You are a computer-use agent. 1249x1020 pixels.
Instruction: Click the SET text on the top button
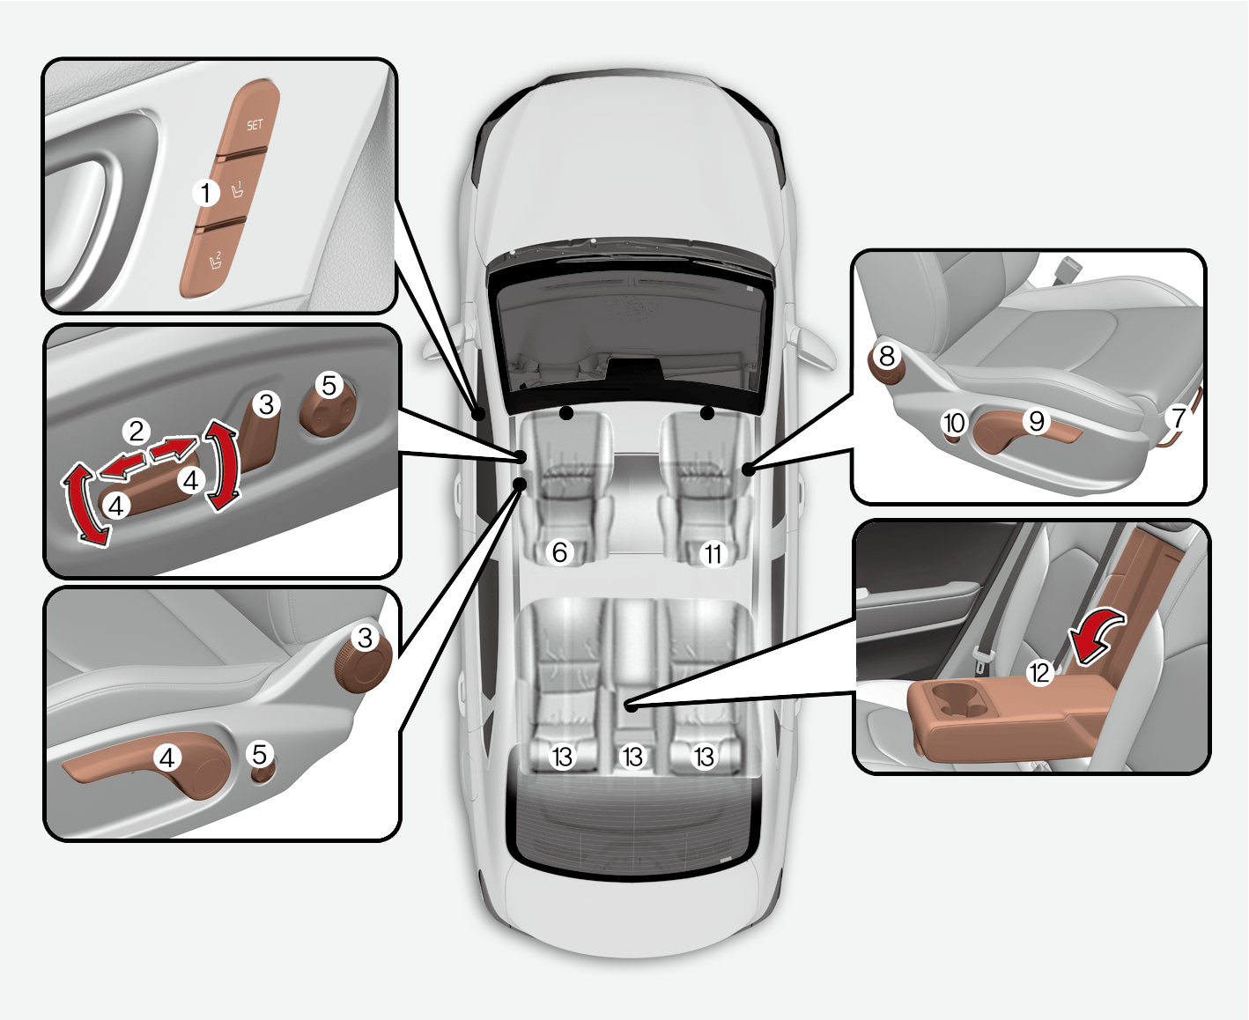tap(255, 125)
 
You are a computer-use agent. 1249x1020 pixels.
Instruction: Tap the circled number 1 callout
tap(206, 192)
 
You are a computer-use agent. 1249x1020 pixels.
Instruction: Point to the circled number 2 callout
tap(137, 431)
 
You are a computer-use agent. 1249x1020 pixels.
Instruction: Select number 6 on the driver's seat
tap(560, 552)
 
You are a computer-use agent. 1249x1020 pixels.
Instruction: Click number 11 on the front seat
tap(713, 554)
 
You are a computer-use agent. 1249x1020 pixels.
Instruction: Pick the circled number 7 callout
tap(1178, 418)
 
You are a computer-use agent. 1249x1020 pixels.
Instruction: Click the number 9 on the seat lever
tap(1037, 422)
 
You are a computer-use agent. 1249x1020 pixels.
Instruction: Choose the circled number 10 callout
tap(955, 423)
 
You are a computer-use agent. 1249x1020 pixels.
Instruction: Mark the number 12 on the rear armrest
tap(1040, 673)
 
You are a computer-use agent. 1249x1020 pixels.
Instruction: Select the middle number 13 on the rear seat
tap(632, 757)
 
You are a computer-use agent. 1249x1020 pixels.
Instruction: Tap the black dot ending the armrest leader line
tap(630, 706)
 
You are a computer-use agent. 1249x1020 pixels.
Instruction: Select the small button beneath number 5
tap(262, 773)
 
